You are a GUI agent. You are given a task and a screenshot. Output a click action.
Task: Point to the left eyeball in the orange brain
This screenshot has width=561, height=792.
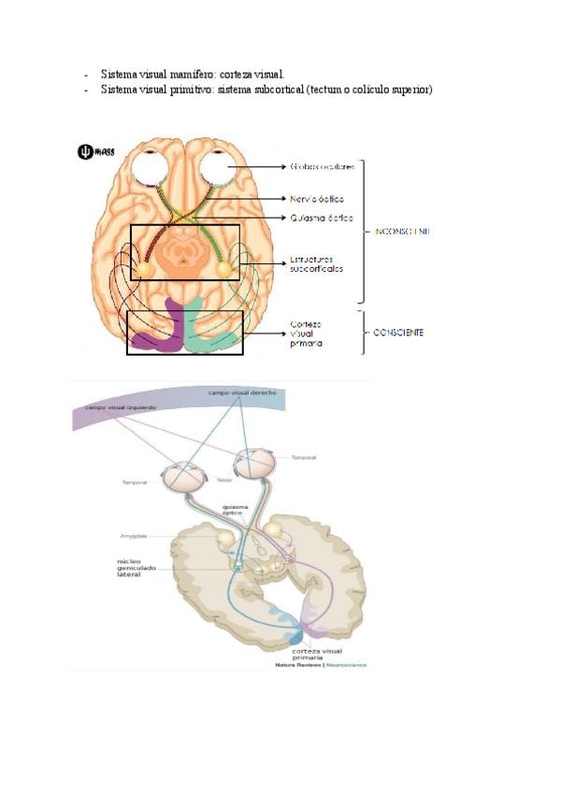[150, 169]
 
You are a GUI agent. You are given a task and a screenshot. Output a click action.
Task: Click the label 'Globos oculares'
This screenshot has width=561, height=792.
[322, 167]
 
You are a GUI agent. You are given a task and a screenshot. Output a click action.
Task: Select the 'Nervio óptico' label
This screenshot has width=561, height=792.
[317, 199]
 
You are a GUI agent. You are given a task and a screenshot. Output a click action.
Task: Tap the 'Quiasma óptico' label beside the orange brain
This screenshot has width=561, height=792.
[321, 218]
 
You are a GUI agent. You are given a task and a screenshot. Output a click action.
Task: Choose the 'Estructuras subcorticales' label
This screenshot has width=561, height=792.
[317, 263]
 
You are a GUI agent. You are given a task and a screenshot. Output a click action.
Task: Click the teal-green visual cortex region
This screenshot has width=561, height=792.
[210, 332]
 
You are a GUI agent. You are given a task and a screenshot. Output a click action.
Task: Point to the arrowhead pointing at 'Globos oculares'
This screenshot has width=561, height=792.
[282, 167]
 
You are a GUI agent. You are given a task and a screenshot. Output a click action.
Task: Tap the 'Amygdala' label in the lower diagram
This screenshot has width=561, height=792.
[133, 536]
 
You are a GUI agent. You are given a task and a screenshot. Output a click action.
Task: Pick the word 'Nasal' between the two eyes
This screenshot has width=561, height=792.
[224, 479]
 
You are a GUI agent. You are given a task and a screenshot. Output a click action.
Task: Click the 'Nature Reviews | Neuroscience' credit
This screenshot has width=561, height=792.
[321, 665]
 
